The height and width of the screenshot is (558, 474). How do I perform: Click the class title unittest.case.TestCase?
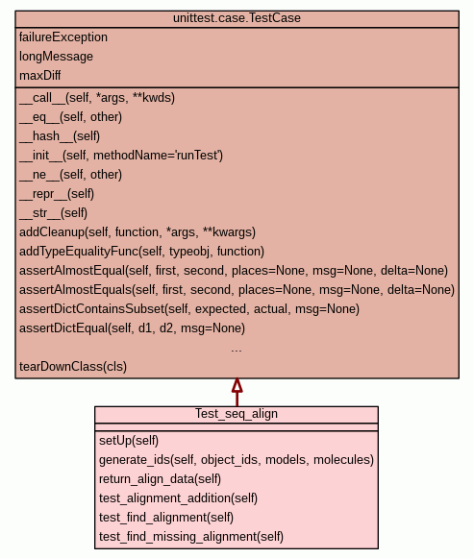click(237, 18)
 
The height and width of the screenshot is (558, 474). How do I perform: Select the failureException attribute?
click(63, 37)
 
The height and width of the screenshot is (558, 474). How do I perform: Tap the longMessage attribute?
click(57, 57)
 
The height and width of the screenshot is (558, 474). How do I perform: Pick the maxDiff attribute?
click(39, 76)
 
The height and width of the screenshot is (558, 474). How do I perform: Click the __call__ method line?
click(97, 98)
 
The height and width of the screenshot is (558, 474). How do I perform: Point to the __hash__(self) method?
click(60, 136)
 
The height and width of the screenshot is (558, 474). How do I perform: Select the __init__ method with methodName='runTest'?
click(121, 156)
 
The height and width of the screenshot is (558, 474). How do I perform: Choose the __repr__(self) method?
click(57, 194)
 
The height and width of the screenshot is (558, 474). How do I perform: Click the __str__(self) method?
click(54, 213)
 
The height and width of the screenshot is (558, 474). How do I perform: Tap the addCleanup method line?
click(137, 232)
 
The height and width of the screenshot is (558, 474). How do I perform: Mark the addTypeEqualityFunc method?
click(141, 252)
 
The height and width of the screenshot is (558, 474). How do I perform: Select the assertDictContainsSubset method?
click(189, 309)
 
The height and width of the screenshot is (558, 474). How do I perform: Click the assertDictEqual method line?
click(132, 328)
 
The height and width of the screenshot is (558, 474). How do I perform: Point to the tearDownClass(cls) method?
click(73, 367)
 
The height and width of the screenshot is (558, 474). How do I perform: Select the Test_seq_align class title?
click(237, 414)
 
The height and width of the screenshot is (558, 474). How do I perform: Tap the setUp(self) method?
click(129, 441)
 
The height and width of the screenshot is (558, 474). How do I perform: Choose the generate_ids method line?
click(237, 460)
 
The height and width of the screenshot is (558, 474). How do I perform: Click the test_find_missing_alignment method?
click(191, 537)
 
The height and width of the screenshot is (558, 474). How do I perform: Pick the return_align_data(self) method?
click(160, 479)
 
